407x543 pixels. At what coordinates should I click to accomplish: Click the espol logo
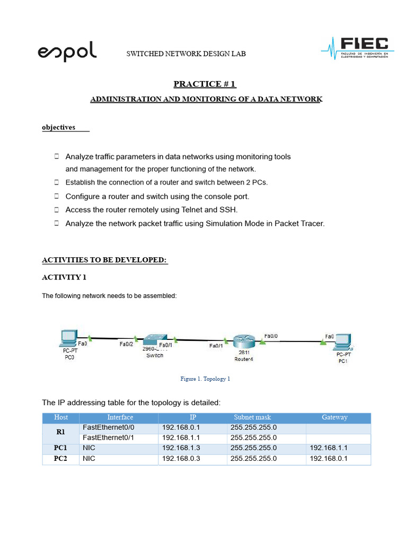coord(67,52)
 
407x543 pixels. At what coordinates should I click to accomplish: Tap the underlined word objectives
coord(58,127)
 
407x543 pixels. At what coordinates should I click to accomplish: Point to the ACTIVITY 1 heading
coord(64,277)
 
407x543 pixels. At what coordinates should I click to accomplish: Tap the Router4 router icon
coord(244,341)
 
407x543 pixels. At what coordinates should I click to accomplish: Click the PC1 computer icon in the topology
coord(343,340)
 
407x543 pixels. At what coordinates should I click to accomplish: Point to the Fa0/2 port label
coord(126,344)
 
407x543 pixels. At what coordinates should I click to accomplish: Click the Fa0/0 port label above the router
coord(270,336)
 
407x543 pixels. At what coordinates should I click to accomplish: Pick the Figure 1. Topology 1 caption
coord(206,379)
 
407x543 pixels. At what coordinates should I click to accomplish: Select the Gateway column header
coord(334,417)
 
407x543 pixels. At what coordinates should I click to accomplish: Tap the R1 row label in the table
coord(61,432)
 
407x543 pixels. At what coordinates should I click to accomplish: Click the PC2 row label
coord(61,459)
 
